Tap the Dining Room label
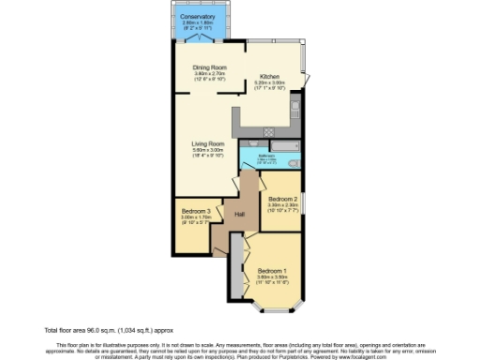pyautogui.click(x=210, y=67)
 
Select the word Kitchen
pyautogui.click(x=270, y=76)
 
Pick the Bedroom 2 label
pyautogui.click(x=282, y=199)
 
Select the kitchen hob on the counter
pyautogui.click(x=269, y=129)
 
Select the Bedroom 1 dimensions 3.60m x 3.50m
pyautogui.click(x=272, y=278)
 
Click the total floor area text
pyautogui.click(x=96, y=330)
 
